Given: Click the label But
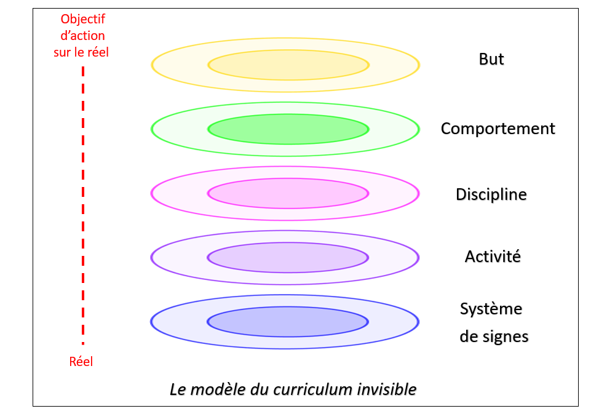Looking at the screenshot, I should (x=491, y=59).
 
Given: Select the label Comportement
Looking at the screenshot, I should (x=498, y=129).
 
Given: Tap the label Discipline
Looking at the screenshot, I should (x=491, y=194).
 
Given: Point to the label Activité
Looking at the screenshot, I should (x=493, y=257).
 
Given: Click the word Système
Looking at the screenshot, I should (x=491, y=309).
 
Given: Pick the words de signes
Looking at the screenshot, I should (x=494, y=337).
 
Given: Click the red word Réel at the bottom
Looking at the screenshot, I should (x=81, y=362).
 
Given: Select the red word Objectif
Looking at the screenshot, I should (x=82, y=20).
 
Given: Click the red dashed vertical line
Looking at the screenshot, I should (x=83, y=203).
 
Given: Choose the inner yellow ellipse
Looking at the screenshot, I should (x=288, y=65).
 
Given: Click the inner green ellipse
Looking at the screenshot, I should (x=288, y=129).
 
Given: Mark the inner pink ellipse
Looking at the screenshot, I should (x=288, y=193).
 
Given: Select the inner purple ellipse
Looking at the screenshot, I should (x=288, y=257).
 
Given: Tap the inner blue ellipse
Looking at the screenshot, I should (x=288, y=321).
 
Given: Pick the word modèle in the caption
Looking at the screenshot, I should (x=213, y=389).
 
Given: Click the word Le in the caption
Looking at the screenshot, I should (x=177, y=389).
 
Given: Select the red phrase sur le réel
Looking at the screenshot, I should (x=81, y=52).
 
